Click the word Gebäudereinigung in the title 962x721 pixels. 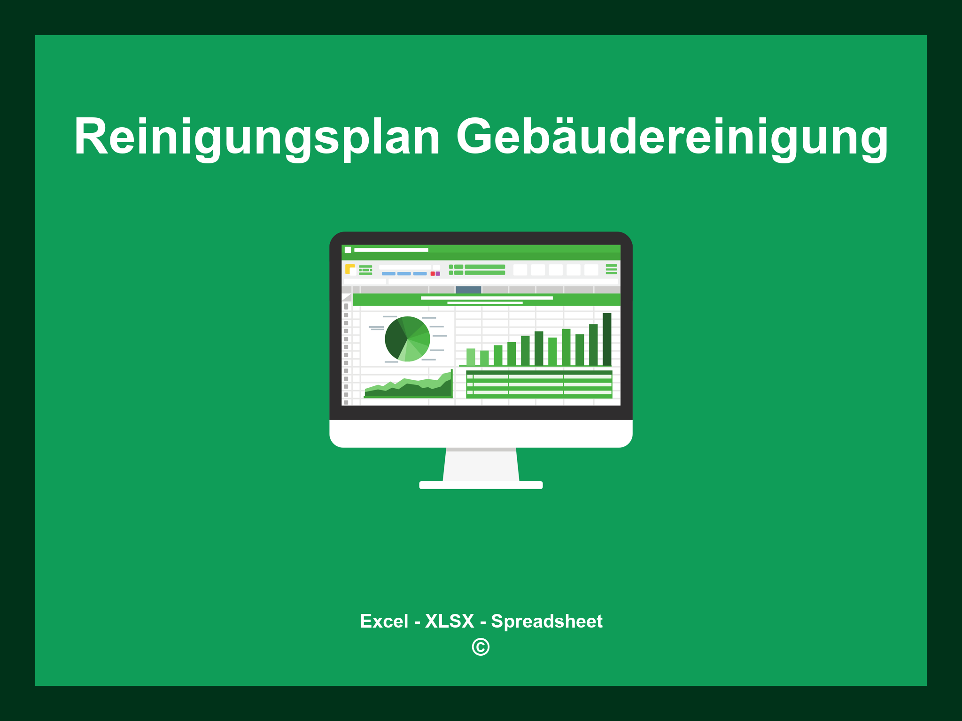(672, 137)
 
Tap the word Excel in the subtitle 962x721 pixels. (384, 621)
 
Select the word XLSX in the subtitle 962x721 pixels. (450, 621)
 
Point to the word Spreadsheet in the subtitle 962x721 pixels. (546, 621)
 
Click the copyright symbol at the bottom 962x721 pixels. (481, 647)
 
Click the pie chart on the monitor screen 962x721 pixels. (407, 339)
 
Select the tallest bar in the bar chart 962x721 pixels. (607, 339)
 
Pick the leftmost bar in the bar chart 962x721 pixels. (471, 357)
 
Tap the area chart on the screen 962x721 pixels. (409, 389)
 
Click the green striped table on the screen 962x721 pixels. (539, 384)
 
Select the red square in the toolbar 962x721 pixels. (433, 274)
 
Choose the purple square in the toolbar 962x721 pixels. (438, 274)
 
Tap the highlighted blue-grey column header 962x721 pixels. (468, 290)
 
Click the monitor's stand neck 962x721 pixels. (481, 465)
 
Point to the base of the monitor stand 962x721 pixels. (481, 485)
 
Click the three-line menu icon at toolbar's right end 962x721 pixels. (611, 269)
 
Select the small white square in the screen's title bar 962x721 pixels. (348, 250)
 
